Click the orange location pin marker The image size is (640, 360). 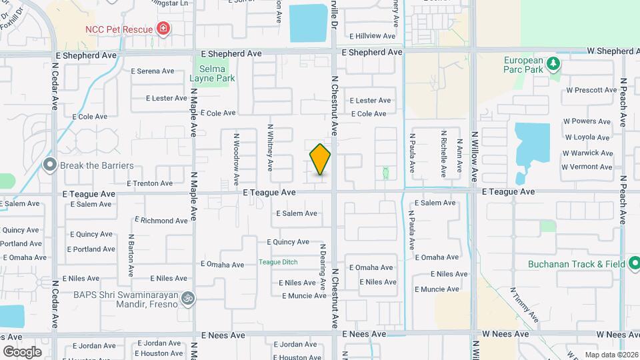coord(320,159)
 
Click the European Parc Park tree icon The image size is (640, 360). coord(553,64)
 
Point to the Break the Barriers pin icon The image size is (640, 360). coord(50,165)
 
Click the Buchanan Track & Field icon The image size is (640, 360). coord(633,264)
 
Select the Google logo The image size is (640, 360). coord(22,351)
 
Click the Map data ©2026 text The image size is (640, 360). coord(611,355)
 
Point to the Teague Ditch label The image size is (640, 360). coord(278,262)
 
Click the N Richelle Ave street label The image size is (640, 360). coord(443,152)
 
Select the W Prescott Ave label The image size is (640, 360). coord(591,90)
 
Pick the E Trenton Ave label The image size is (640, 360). coord(149,183)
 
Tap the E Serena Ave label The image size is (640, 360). coord(152,71)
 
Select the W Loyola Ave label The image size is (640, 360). coord(587,137)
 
